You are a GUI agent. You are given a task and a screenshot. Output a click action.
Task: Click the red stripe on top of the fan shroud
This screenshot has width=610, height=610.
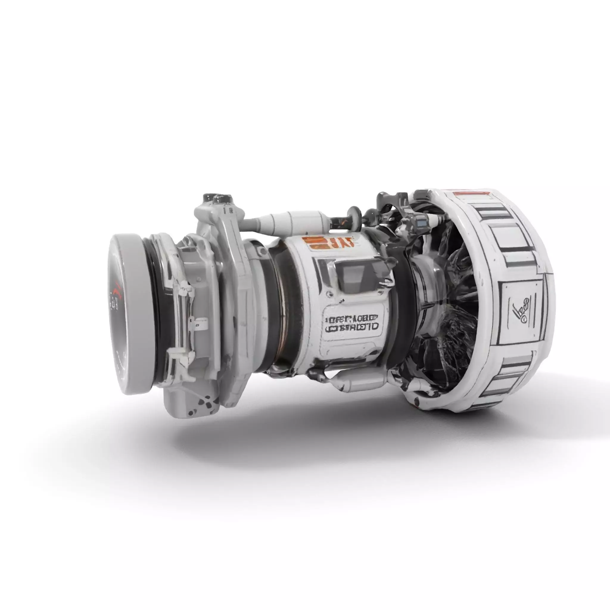point(470,194)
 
